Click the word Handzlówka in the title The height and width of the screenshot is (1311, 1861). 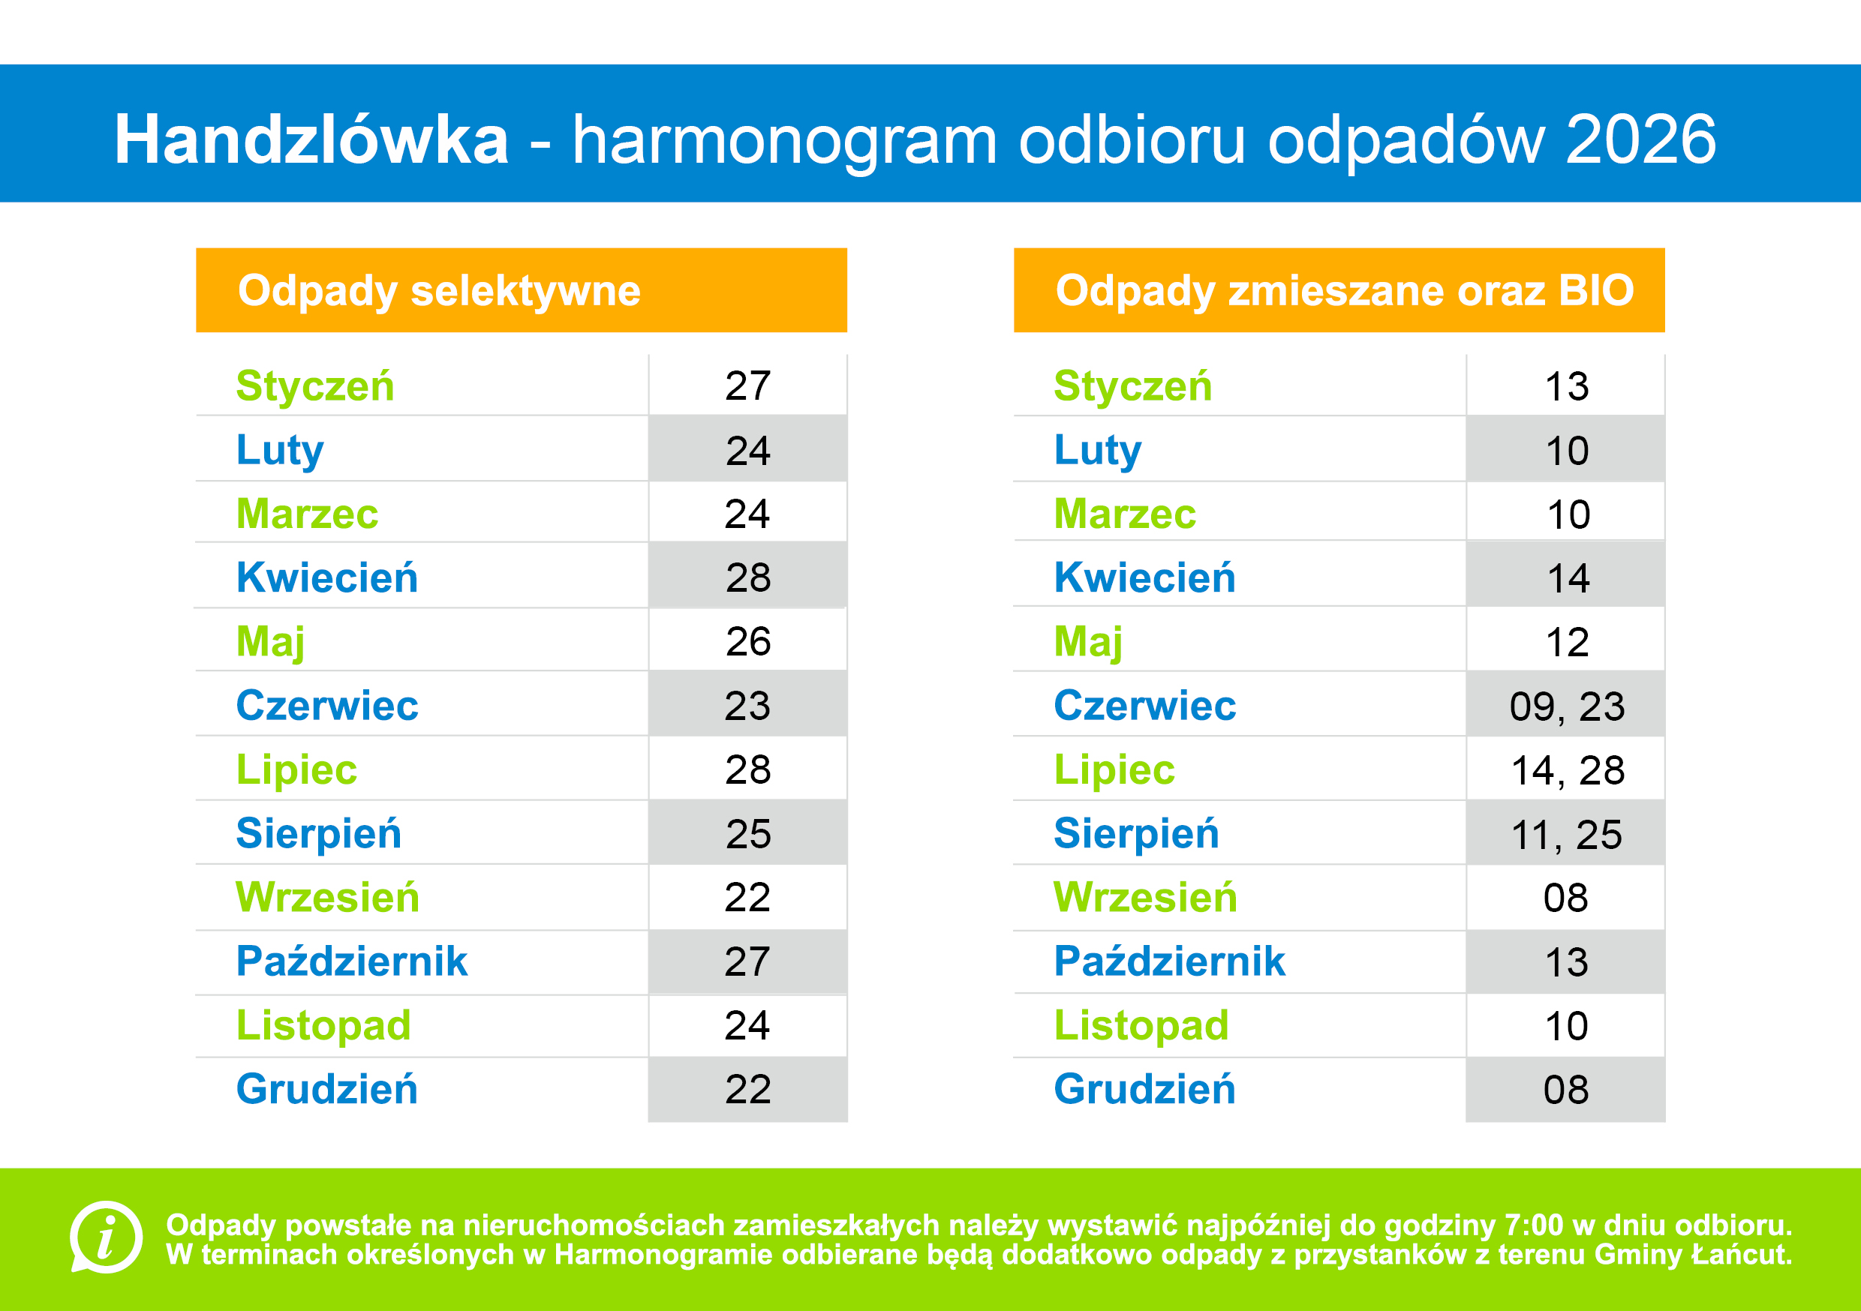point(311,139)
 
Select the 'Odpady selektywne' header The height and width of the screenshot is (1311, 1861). point(438,290)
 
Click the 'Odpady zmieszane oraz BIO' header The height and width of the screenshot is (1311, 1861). point(1344,290)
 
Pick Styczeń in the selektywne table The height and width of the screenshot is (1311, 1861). point(314,385)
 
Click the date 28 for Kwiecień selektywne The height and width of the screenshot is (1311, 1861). point(747,577)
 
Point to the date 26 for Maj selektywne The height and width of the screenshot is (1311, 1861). point(747,642)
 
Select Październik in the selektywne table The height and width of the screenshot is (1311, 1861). point(351,961)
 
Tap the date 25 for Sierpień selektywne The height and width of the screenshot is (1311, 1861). point(747,834)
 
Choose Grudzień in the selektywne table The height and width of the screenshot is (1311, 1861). point(326,1089)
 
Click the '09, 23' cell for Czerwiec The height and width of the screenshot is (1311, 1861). point(1566,706)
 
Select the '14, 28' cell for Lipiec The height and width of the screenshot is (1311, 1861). point(1567,770)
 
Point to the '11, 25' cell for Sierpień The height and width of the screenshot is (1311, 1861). point(1566,835)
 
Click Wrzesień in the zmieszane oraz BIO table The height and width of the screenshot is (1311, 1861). point(1144,898)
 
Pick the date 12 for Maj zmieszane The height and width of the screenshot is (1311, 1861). point(1567,643)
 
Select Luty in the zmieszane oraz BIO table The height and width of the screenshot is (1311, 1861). point(1098,451)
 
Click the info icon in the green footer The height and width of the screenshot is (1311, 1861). point(106,1237)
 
